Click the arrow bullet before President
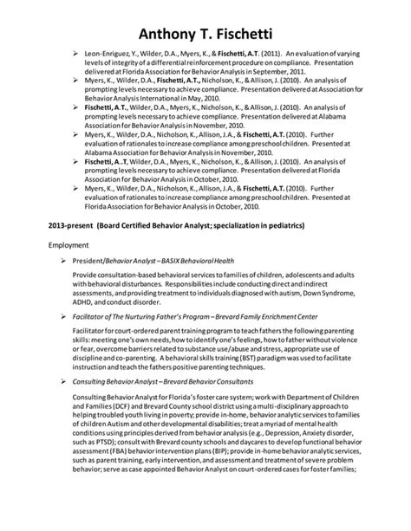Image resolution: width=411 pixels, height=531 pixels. [76, 260]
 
